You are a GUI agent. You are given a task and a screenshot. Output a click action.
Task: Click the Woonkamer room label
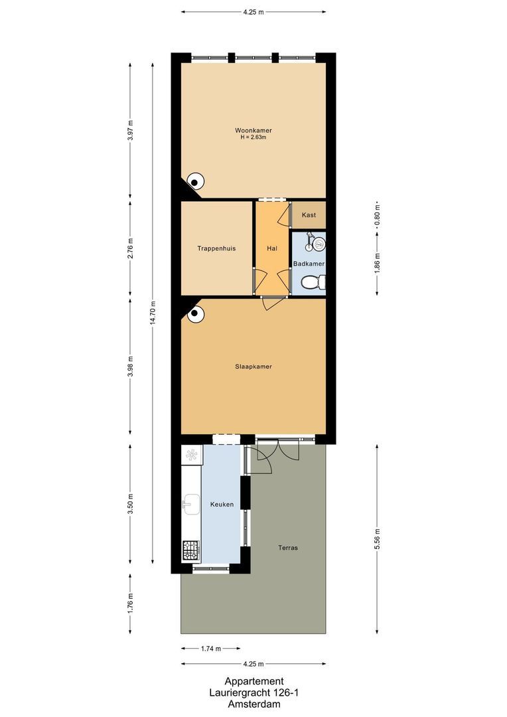tap(253, 130)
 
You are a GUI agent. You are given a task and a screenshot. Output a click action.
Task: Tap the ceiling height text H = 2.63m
tap(253, 137)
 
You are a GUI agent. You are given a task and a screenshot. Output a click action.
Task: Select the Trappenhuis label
tap(216, 248)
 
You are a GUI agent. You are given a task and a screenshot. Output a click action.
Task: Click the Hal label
tap(271, 248)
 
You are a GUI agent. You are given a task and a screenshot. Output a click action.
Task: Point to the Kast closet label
tap(309, 215)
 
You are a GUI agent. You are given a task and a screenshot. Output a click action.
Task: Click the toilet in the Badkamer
tap(312, 283)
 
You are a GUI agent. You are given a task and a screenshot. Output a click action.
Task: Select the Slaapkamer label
tap(253, 366)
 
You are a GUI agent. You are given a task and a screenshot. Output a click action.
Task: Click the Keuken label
tap(222, 505)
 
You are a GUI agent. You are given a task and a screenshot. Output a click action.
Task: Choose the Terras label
tap(288, 548)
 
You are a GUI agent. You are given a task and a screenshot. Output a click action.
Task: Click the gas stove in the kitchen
tap(191, 550)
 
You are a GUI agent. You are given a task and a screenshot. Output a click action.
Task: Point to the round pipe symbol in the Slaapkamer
tap(194, 315)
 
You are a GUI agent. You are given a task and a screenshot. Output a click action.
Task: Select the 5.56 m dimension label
tap(378, 539)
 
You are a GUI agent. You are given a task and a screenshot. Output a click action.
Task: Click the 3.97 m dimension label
tap(131, 130)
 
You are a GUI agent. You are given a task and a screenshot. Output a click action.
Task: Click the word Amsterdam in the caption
tap(254, 704)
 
